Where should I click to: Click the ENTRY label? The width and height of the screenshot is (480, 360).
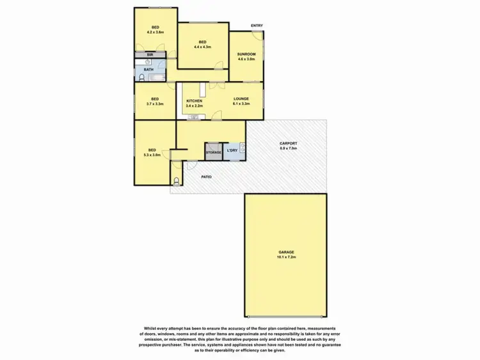point(257,26)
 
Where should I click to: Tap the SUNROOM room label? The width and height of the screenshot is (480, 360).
point(246,54)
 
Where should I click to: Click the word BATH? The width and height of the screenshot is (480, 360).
point(147,68)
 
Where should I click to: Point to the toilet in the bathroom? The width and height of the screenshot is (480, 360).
point(141,78)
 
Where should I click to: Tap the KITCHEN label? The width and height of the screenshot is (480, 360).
point(194,101)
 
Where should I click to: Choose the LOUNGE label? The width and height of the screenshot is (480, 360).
point(241,98)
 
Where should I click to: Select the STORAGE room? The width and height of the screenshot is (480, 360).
point(213,152)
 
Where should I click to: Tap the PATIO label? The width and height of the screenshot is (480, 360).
point(205,176)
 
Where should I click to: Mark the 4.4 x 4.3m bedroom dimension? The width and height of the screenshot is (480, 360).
point(202,46)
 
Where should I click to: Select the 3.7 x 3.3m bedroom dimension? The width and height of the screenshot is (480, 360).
point(154,104)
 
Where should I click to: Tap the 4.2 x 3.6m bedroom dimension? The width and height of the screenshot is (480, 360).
point(155,31)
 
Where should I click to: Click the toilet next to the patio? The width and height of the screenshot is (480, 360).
point(177,176)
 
